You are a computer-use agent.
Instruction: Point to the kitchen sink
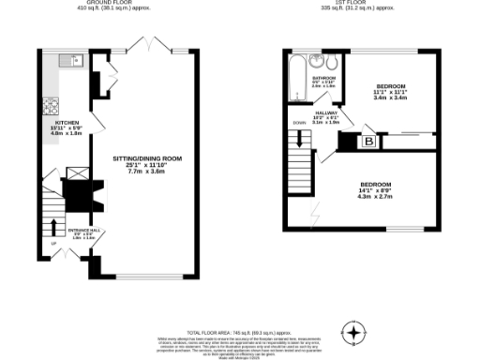pyautogui.click(x=69, y=60)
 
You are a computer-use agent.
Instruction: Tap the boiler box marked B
pyautogui.click(x=368, y=142)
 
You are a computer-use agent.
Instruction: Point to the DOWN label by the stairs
pyautogui.click(x=299, y=123)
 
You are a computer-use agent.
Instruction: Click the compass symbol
pyautogui.click(x=353, y=331)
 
